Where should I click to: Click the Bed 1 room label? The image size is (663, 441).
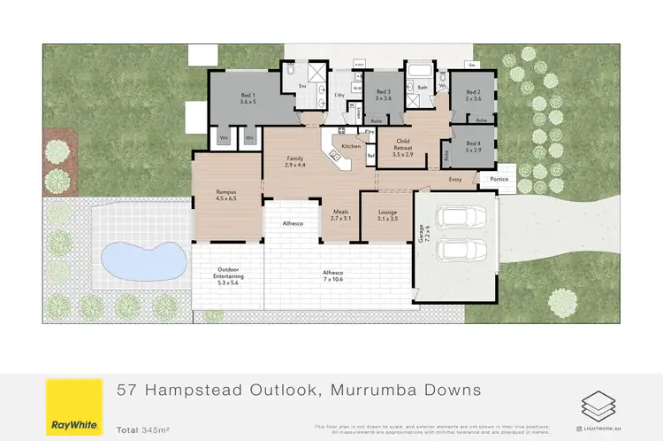click(247, 98)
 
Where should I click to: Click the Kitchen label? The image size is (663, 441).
click(351, 145)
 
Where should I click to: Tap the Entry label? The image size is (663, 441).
click(455, 180)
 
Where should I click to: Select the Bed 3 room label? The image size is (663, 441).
click(384, 95)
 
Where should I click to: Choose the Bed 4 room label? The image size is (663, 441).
click(473, 146)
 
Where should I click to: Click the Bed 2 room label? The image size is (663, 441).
click(473, 95)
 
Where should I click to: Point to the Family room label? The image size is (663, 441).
click(294, 162)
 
